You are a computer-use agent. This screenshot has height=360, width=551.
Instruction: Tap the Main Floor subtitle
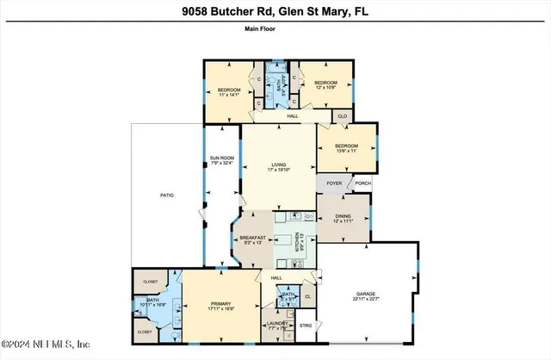pos(275,28)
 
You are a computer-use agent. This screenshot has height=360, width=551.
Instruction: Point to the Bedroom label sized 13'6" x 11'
pos(346,148)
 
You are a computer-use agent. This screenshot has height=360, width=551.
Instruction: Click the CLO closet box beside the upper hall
pos(342,115)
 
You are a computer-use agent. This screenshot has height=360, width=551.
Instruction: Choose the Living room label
pos(278,166)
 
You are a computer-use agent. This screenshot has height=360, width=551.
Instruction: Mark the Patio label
pos(166,196)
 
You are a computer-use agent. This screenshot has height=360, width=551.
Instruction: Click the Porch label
pos(363,183)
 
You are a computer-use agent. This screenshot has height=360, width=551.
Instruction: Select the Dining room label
pos(344,219)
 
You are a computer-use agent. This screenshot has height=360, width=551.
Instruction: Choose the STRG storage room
pos(306,325)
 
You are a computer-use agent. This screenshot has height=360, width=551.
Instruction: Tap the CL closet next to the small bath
pos(308,297)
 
